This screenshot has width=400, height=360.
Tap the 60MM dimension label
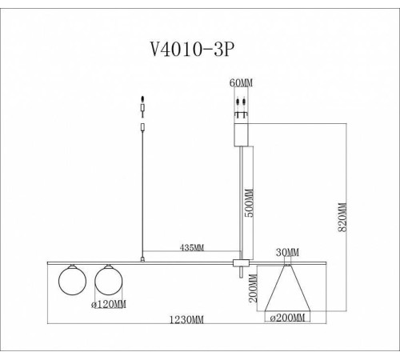click(x=240, y=84)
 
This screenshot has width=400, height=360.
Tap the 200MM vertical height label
click(x=254, y=290)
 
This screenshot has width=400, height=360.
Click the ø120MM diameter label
click(x=109, y=305)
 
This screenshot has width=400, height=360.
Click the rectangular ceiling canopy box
click(x=241, y=132)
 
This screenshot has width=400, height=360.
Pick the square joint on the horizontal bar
click(x=240, y=264)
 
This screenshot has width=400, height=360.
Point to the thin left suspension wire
click(x=142, y=192)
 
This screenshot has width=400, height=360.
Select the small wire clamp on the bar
click(x=142, y=259)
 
